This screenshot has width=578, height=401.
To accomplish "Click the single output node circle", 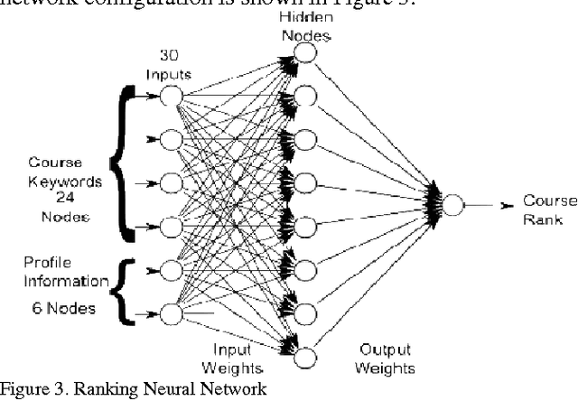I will (x=452, y=203).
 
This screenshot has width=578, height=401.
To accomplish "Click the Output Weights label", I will (x=387, y=360).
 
